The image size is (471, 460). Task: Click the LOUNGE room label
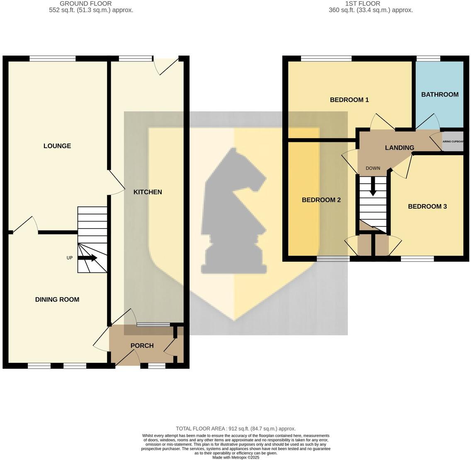click(x=57, y=146)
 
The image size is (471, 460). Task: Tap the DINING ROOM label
click(x=57, y=299)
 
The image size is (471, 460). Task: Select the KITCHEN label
click(x=148, y=192)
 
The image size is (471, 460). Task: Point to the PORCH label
click(x=142, y=346)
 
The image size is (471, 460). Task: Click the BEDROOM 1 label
click(x=350, y=100)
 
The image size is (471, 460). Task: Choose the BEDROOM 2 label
click(x=321, y=200)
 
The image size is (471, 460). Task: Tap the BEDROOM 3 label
click(x=427, y=207)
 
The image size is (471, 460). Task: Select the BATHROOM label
click(x=440, y=95)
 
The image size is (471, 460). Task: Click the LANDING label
click(x=400, y=148)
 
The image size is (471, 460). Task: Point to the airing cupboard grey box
click(x=453, y=141)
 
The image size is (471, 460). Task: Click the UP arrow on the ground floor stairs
click(x=87, y=258)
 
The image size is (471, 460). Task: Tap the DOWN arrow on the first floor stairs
click(x=373, y=186)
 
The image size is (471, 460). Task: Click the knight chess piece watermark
click(x=234, y=211)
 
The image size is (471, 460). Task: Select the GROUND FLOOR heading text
click(x=85, y=4)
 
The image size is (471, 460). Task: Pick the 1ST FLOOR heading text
click(x=362, y=4)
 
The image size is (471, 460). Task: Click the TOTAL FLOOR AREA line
click(x=236, y=429)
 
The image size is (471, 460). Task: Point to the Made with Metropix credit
click(x=236, y=458)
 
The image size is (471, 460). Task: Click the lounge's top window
click(x=52, y=58)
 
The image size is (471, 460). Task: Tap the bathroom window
click(x=428, y=58)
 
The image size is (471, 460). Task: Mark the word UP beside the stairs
click(x=69, y=258)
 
